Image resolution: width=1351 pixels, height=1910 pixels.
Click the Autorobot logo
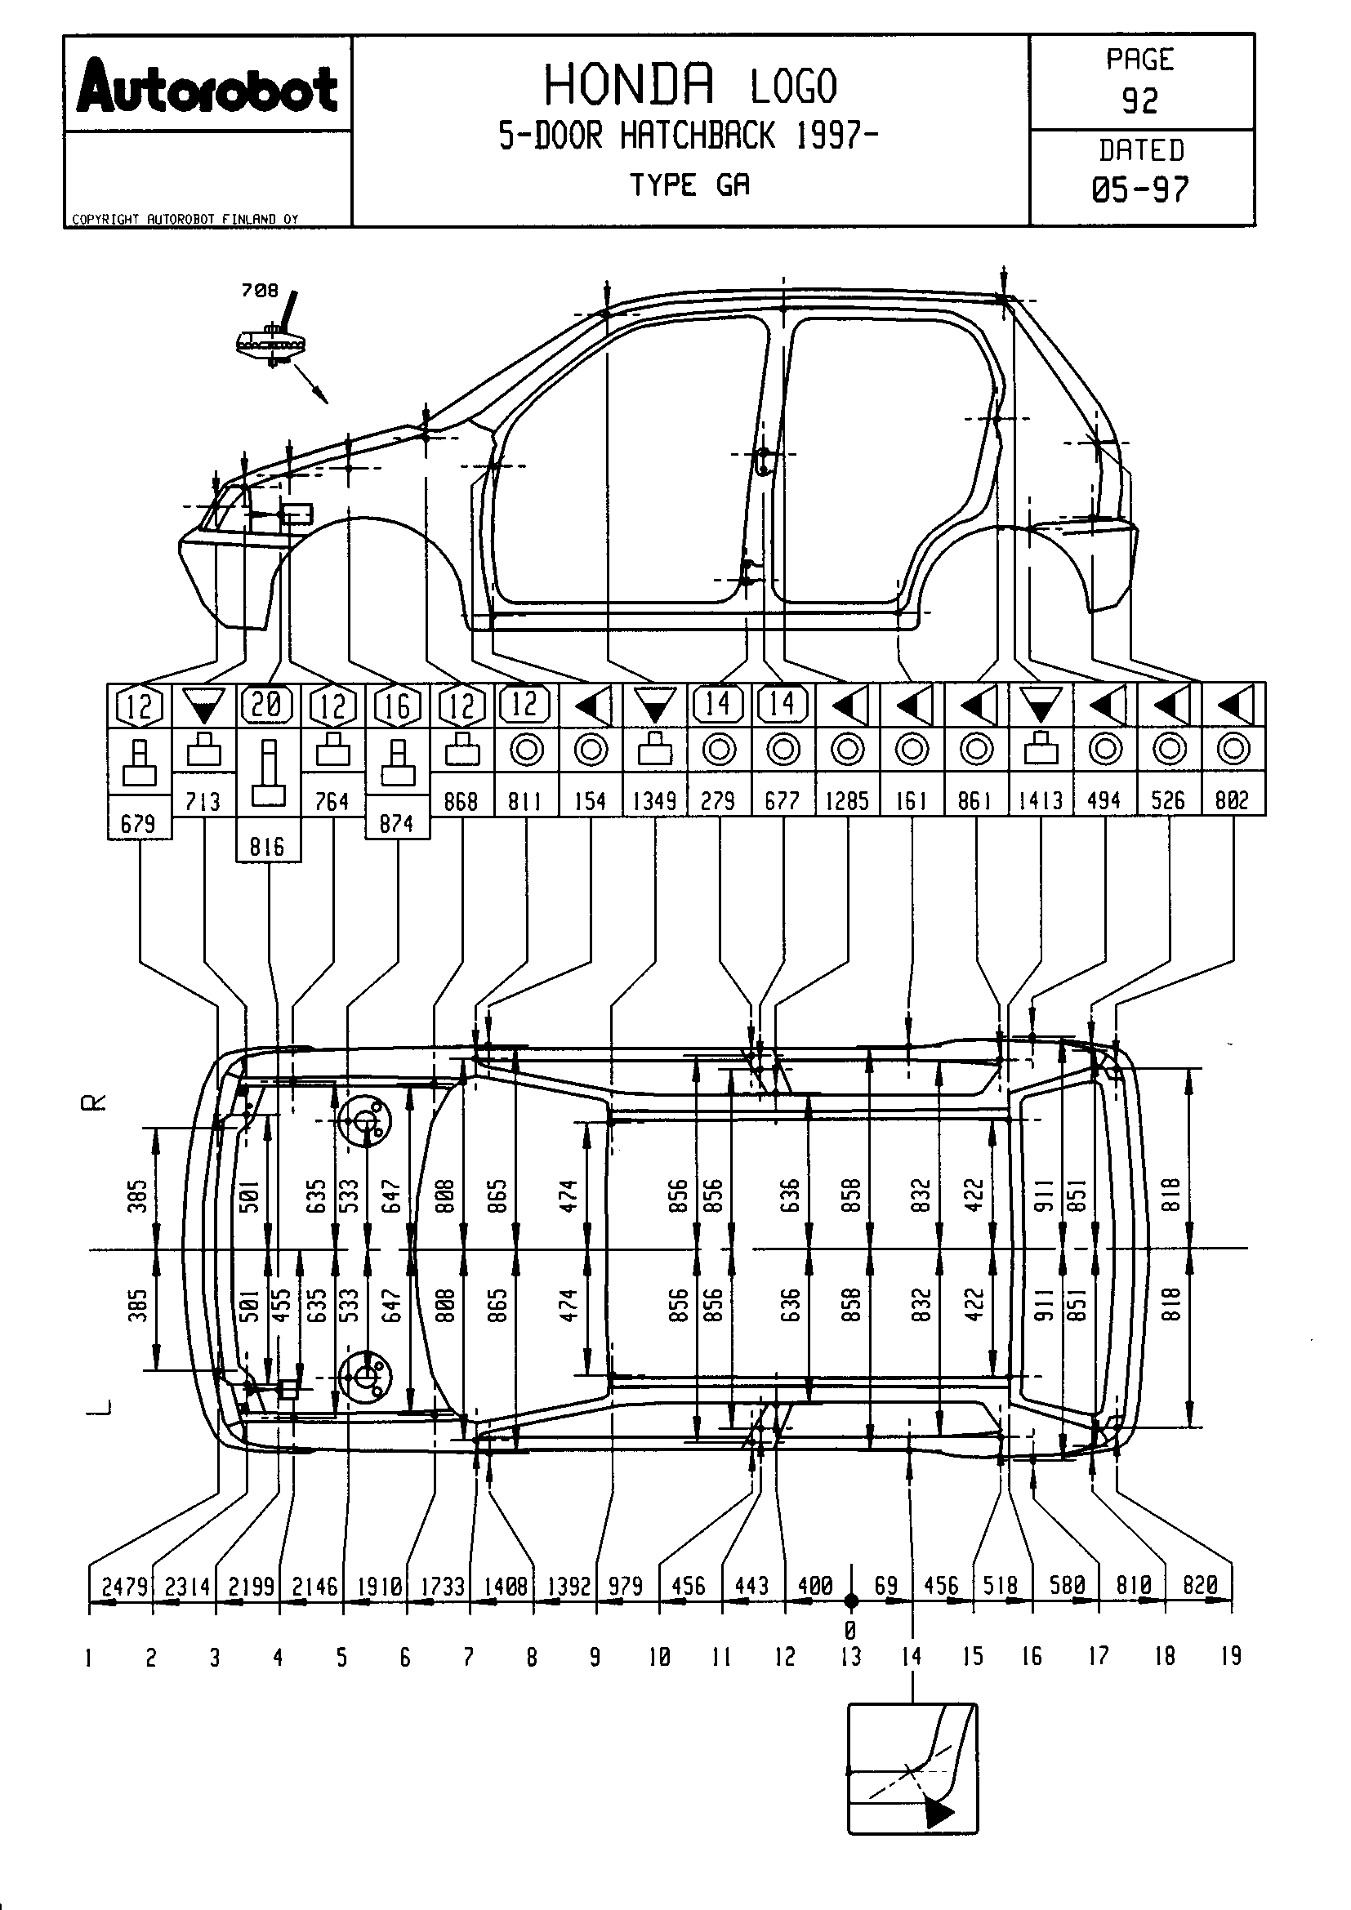coord(207,86)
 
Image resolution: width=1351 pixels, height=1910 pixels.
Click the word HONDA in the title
coord(629,85)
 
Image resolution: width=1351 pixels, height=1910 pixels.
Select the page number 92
coord(1139,101)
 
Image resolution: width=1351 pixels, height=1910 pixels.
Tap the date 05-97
coord(1139,190)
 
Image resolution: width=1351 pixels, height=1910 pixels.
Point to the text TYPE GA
coord(689,185)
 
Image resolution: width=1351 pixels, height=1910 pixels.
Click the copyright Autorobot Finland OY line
coord(185,220)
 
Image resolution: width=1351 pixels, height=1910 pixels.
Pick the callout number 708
coord(259,291)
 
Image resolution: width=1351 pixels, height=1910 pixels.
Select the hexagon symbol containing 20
coord(268,706)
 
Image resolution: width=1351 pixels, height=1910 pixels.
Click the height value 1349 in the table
coord(655,801)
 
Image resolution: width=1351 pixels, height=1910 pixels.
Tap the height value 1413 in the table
coord(1041,801)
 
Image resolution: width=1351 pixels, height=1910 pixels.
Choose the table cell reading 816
coord(268,847)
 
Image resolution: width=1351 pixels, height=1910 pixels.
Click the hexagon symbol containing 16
coord(397,706)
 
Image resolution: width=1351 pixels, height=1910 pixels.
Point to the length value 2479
coord(125,1586)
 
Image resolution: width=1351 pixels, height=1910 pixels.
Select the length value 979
coord(626,1586)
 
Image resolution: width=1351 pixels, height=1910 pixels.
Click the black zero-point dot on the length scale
coord(850,1600)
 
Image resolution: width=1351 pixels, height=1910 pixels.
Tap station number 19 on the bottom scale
coord(1231,1656)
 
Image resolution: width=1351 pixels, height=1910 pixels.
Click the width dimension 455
coord(282,1304)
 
